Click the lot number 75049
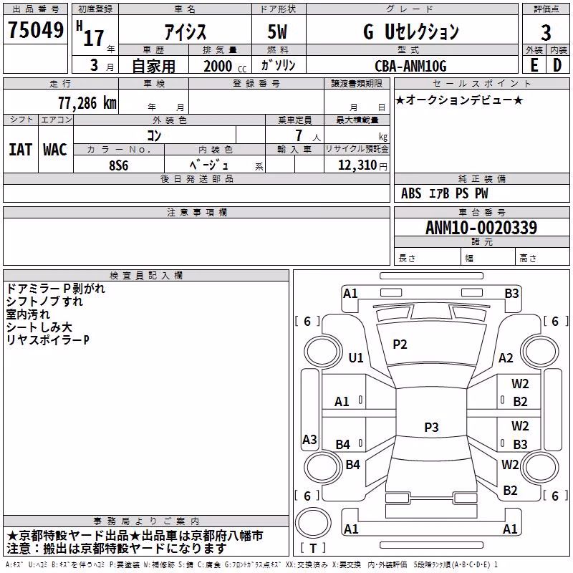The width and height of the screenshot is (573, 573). [35, 30]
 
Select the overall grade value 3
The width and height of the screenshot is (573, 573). [546, 32]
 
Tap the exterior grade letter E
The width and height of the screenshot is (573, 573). [534, 65]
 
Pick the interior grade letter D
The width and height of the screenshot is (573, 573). [557, 65]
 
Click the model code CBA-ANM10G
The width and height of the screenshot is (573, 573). [410, 66]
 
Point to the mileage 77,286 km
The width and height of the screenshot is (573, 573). [87, 103]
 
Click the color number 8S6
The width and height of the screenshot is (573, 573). [119, 165]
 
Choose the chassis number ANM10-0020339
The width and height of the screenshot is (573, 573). [481, 227]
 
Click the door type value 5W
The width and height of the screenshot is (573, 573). [277, 32]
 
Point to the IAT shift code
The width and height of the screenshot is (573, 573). [20, 150]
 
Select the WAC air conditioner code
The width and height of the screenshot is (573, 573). [55, 150]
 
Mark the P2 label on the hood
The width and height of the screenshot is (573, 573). [400, 345]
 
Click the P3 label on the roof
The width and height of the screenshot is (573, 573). [431, 427]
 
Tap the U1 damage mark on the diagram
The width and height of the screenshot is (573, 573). [356, 357]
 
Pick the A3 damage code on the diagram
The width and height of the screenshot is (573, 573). [309, 439]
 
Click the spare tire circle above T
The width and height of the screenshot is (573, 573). [313, 524]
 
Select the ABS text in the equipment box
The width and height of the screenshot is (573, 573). [411, 193]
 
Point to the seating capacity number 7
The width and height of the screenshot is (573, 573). [299, 135]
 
